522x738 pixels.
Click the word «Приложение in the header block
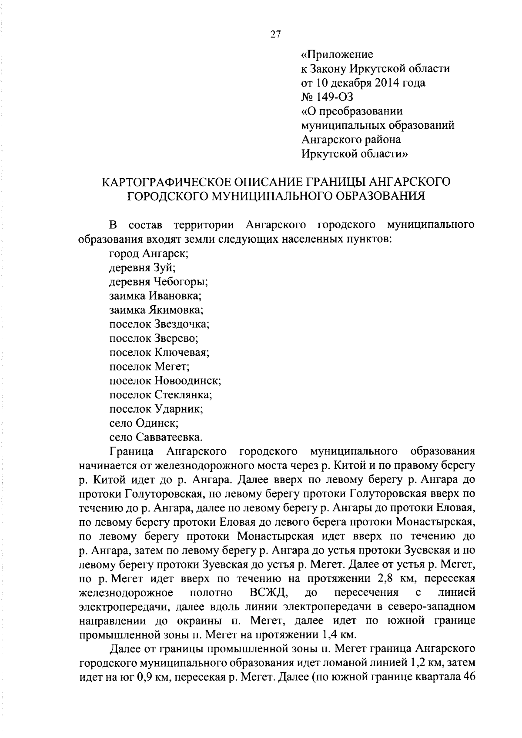tap(337, 54)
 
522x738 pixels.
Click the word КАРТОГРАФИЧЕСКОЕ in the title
tap(167, 181)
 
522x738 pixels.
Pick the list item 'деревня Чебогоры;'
tap(158, 281)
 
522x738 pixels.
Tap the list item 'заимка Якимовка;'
tap(156, 310)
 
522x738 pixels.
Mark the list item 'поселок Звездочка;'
tap(159, 324)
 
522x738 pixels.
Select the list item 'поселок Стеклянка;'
tap(161, 395)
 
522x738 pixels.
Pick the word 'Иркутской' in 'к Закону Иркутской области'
tap(384, 68)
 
